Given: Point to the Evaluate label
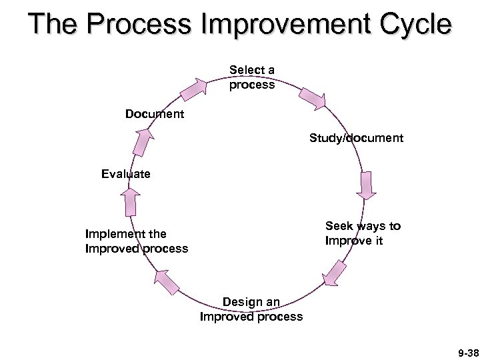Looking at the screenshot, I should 126,174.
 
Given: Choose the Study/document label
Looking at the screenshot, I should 356,139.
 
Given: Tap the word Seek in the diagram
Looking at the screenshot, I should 339,226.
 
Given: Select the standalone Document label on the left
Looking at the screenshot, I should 155,114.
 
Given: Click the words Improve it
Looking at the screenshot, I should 354,241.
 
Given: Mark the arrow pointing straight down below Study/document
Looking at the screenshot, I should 367,186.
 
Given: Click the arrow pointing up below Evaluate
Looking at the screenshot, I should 131,201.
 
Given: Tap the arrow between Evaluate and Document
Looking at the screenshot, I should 143,142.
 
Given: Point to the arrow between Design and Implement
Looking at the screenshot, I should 167,280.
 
